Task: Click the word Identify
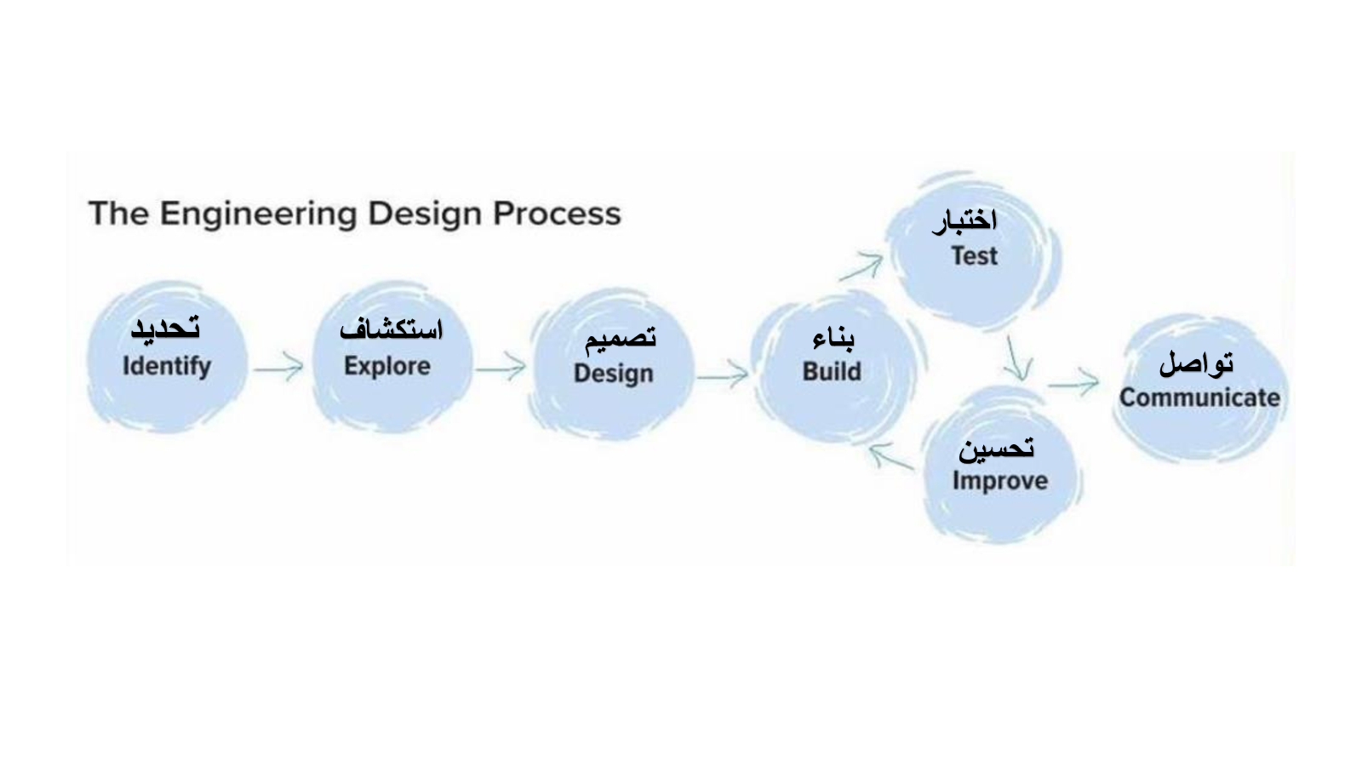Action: pos(167,367)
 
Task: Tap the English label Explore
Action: pos(387,367)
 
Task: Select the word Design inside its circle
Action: pos(614,374)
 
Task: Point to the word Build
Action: pos(832,371)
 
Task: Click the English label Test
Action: pos(974,256)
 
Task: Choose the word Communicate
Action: pos(1199,397)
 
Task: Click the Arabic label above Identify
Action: pos(165,329)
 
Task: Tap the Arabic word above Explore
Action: pos(391,329)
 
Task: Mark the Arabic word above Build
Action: pos(833,338)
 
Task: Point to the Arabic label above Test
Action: pos(964,222)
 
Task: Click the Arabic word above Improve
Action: pos(996,449)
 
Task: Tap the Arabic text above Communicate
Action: pos(1196,364)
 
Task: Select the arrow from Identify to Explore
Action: pos(278,367)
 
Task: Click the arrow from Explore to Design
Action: pos(501,367)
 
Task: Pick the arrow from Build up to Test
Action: pos(861,267)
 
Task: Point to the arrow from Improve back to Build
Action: pos(891,456)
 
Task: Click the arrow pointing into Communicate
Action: pos(1073,383)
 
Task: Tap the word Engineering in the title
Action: pos(259,214)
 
